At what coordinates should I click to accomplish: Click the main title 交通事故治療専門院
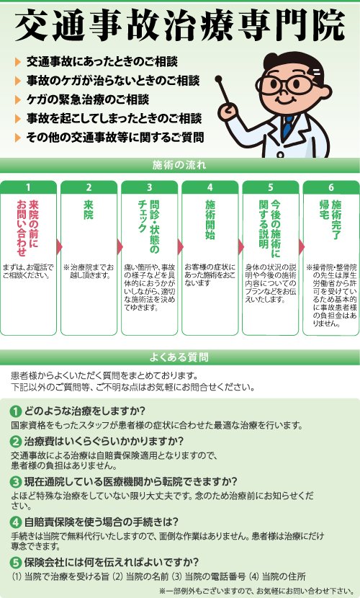point(180,24)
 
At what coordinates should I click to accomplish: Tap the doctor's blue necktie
point(288,125)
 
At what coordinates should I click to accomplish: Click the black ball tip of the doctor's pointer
point(218,79)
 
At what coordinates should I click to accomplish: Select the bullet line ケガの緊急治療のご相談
point(88,99)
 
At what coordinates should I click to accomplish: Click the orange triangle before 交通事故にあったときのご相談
point(17,62)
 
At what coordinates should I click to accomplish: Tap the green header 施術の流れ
point(179,165)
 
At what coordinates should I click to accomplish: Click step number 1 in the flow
point(28,187)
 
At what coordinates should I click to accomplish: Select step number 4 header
point(210,187)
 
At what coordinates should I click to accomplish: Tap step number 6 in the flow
point(331,187)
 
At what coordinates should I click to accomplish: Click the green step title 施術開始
point(210,219)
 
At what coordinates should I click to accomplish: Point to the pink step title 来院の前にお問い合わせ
point(28,228)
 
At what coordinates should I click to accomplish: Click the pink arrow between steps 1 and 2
point(59,246)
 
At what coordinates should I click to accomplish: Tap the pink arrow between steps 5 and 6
point(302,246)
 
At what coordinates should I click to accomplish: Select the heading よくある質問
point(179,357)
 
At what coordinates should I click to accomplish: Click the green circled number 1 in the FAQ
point(16,411)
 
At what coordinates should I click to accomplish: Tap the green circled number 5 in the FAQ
point(16,563)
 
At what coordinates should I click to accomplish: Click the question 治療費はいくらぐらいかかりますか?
point(104,441)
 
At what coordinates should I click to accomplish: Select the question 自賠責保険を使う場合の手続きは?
point(102,522)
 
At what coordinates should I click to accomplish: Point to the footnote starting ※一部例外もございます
point(255,590)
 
